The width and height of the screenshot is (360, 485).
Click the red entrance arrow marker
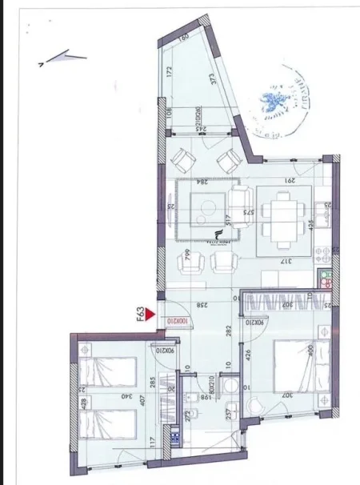point(151,319)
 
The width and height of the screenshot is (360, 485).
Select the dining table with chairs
point(284,218)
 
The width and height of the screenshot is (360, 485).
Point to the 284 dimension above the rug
point(204,181)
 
